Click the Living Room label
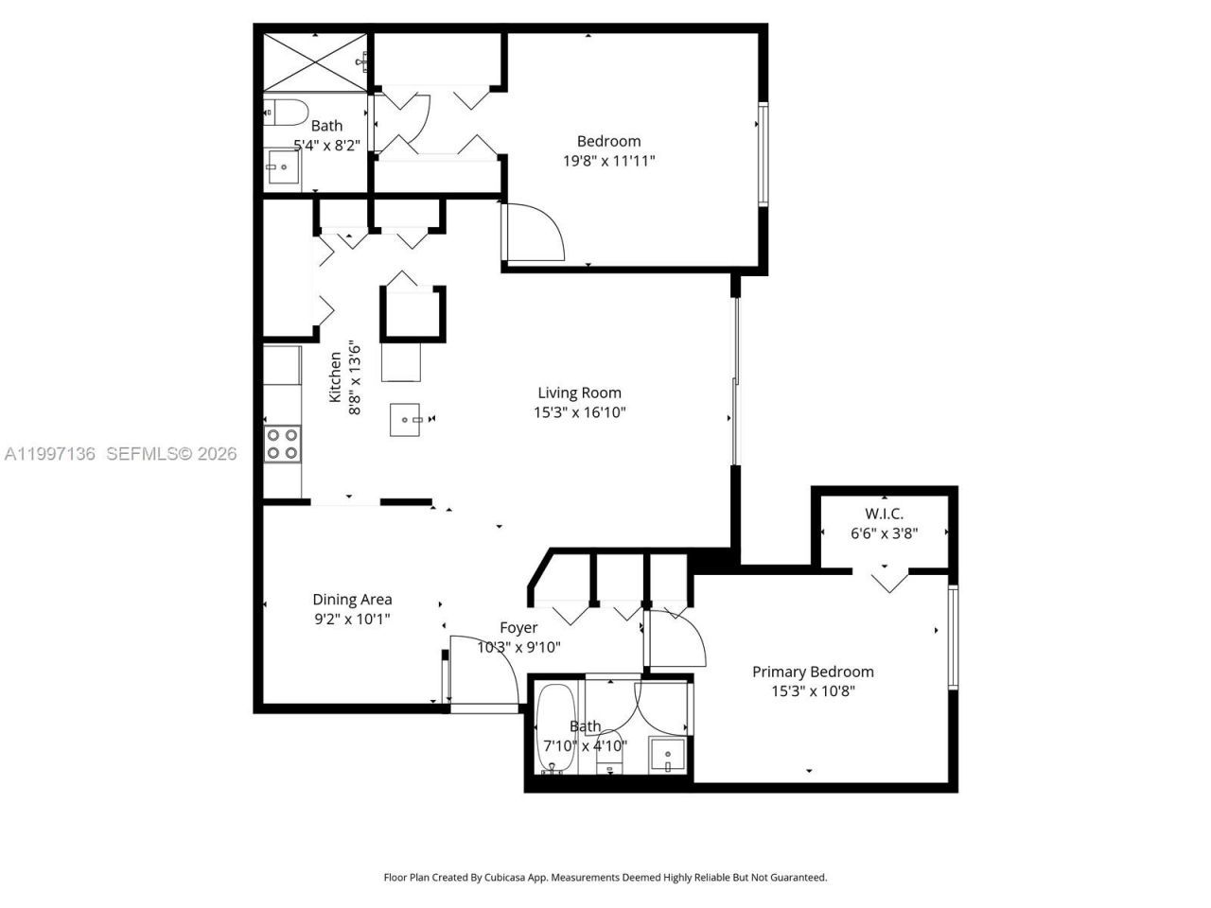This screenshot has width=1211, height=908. [x=579, y=393]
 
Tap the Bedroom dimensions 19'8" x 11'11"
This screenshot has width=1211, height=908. [x=608, y=161]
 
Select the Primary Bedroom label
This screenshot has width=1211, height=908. [x=813, y=672]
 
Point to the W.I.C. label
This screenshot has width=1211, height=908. [x=884, y=515]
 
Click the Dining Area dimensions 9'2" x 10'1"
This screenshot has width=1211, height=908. [x=352, y=619]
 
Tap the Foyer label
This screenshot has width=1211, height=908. [x=518, y=627]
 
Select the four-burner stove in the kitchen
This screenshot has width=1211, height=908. [x=282, y=444]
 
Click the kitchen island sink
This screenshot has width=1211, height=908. [x=408, y=419]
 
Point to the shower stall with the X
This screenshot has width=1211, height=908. [x=314, y=62]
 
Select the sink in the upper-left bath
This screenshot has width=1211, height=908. [x=281, y=168]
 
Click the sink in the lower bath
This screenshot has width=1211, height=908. [x=669, y=755]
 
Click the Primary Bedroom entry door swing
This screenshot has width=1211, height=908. [x=675, y=638]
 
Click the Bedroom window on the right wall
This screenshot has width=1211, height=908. [x=763, y=155]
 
